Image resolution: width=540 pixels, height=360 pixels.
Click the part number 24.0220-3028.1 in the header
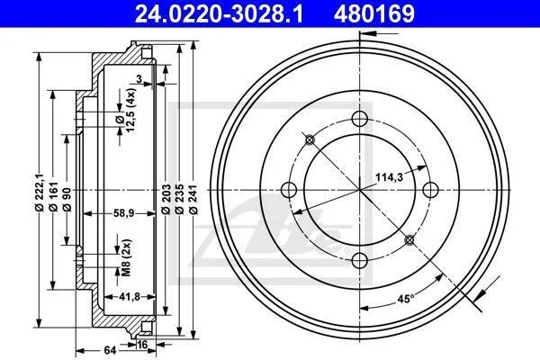tap(219, 13)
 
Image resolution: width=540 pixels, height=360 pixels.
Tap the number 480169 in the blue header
tap(374, 13)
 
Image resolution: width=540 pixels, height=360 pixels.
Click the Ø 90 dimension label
tap(67, 199)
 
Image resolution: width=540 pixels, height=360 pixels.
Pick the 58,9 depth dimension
tap(123, 213)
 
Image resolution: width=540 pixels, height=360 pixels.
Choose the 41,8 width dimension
tap(129, 297)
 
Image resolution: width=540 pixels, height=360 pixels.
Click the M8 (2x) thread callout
tap(127, 257)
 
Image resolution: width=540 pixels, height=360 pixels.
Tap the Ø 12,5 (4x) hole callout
tap(125, 109)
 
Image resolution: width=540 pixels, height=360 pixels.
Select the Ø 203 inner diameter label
tap(166, 200)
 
